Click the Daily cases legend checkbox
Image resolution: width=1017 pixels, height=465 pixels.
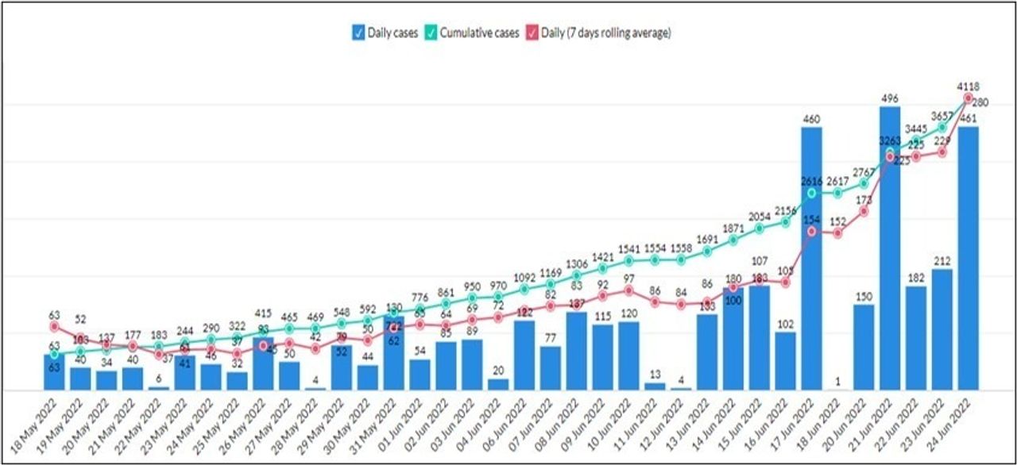pyautogui.click(x=359, y=33)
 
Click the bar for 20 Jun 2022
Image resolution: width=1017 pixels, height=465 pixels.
pyautogui.click(x=864, y=348)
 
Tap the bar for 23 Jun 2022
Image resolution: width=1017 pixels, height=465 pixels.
pyautogui.click(x=942, y=330)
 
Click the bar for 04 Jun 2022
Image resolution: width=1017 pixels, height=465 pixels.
pyautogui.click(x=498, y=385)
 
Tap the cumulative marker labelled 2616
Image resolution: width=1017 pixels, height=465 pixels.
pyautogui.click(x=811, y=193)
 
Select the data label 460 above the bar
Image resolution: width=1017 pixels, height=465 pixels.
pyautogui.click(x=811, y=119)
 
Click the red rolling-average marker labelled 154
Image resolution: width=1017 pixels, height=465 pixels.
pyautogui.click(x=811, y=231)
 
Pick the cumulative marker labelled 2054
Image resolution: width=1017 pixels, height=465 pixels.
pyautogui.click(x=760, y=229)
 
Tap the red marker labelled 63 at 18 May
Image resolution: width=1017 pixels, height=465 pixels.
pyautogui.click(x=54, y=326)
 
